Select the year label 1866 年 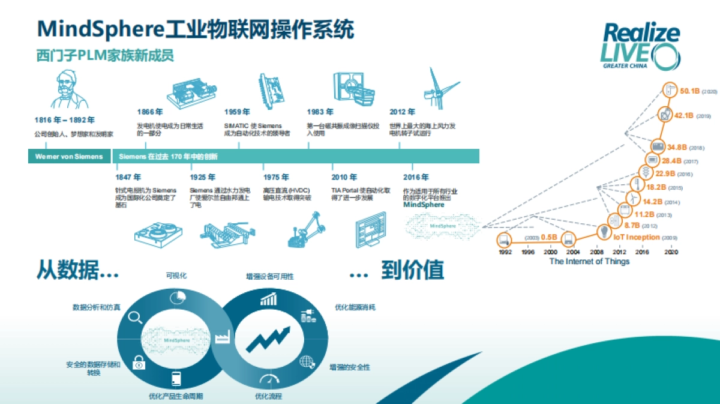point(150,112)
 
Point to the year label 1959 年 point(237,112)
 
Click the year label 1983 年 point(320,112)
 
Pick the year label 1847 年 point(128,177)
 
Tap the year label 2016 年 point(416,177)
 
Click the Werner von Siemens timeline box point(69,157)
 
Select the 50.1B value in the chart point(690,91)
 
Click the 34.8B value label point(677,147)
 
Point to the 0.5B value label point(549,238)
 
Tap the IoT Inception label point(637,238)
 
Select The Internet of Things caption point(589,262)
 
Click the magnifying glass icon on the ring point(136,316)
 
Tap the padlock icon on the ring point(139,362)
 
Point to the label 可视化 point(176,276)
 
